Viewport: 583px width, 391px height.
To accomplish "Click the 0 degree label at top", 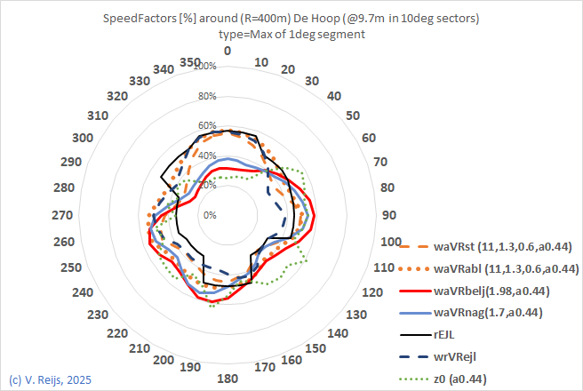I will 228,51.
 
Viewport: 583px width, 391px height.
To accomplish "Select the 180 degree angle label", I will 227,379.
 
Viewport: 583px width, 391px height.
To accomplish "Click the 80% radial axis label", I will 206,97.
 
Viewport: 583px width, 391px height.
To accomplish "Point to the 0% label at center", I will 209,215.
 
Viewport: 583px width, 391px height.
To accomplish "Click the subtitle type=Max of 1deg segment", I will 292,34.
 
